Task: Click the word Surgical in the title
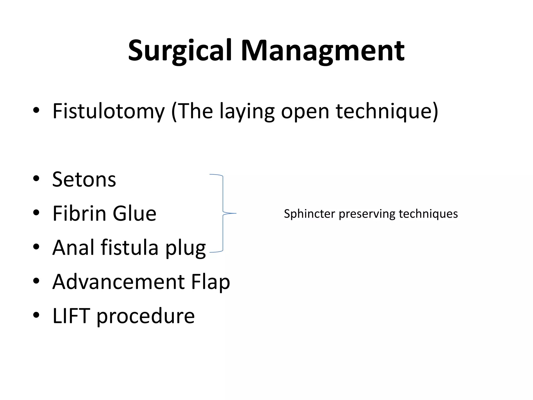[180, 51]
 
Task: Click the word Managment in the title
[322, 51]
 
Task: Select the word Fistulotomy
[109, 111]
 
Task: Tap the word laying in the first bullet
[247, 111]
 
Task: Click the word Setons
[84, 180]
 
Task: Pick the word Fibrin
[79, 214]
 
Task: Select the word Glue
[134, 214]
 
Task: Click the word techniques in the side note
[428, 214]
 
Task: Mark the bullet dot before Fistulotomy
[36, 110]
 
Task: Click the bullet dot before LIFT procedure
[36, 315]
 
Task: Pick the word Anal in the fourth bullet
[73, 248]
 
